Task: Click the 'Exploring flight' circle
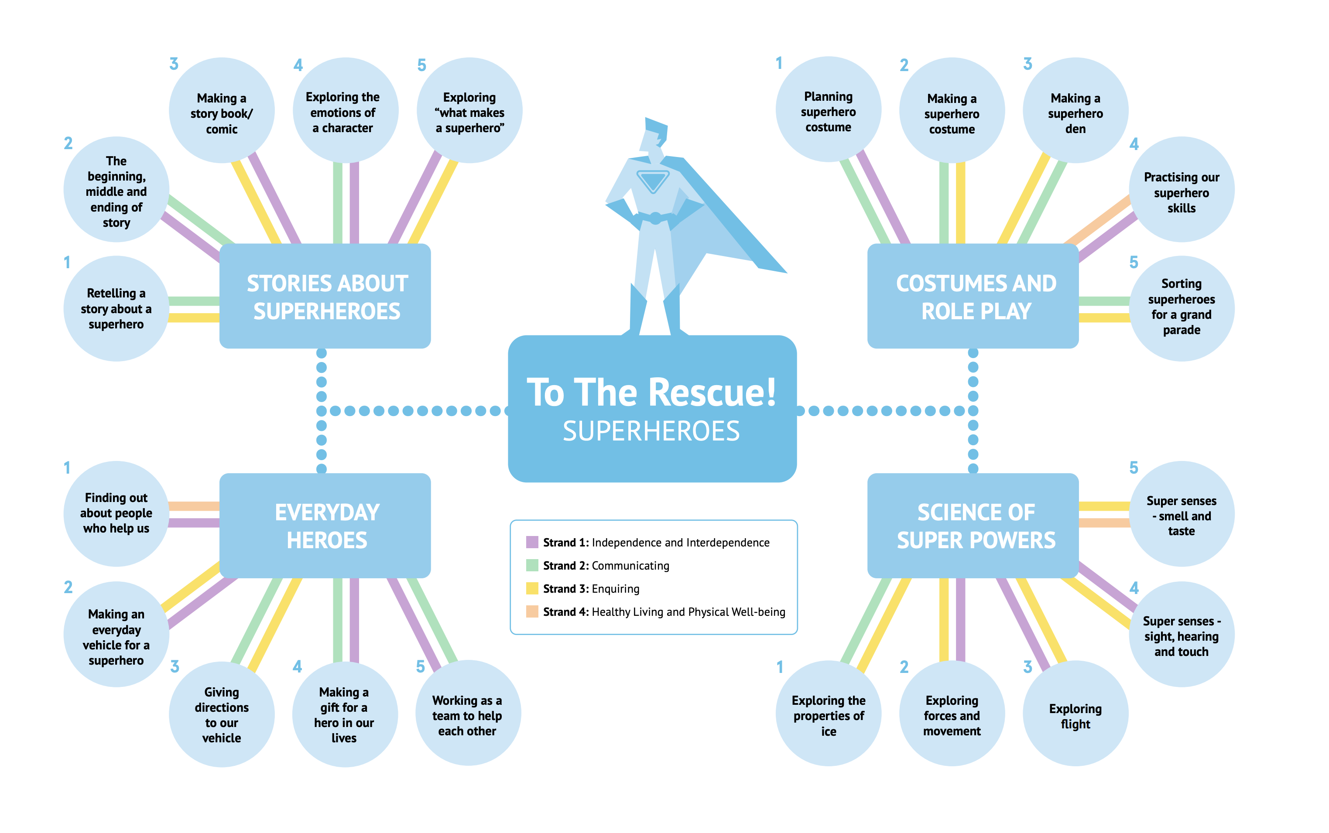coord(1075,714)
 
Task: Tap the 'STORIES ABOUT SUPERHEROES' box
coord(325,297)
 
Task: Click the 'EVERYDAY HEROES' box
coord(325,526)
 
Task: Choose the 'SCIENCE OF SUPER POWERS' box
coord(973,526)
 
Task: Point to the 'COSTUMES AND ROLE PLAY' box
coord(973,297)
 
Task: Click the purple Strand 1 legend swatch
coord(532,542)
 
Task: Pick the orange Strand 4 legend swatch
coord(532,611)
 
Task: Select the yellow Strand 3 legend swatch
coord(532,588)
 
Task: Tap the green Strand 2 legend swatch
coord(532,565)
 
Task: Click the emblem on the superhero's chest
coord(653,181)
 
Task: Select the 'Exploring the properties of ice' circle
coord(828,714)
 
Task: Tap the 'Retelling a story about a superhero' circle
coord(116,308)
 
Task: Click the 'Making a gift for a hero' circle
coord(344,714)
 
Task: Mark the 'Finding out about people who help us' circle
coord(116,513)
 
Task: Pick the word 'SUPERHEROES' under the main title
coord(651,431)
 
